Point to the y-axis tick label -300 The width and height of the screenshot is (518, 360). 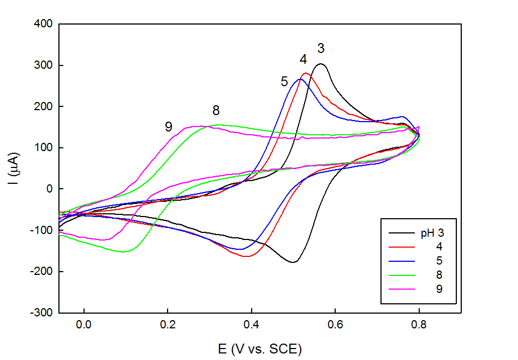pos(40,313)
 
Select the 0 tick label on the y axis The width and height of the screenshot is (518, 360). pos(48,189)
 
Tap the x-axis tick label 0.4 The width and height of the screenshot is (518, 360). pos(251,324)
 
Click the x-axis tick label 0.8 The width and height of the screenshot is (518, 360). pos(419,324)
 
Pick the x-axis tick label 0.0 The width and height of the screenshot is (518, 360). pos(84,324)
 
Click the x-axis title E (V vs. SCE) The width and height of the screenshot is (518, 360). pos(260,349)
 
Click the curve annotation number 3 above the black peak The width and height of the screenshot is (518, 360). pos(321,49)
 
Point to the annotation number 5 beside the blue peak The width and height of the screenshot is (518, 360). pos(284,82)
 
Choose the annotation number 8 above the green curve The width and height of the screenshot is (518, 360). pos(216,111)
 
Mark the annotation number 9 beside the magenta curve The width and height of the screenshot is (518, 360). pos(169,127)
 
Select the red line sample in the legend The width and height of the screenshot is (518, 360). pos(402,247)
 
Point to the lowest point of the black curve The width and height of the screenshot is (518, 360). pos(293,262)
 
